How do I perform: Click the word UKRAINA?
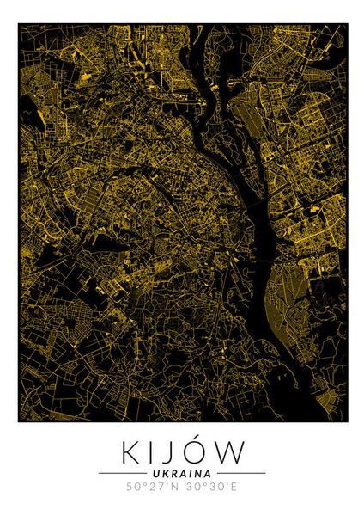click(182, 473)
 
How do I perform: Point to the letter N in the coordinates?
click(176, 488)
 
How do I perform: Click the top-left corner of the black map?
click(19, 25)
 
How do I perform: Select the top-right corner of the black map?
click(347, 25)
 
